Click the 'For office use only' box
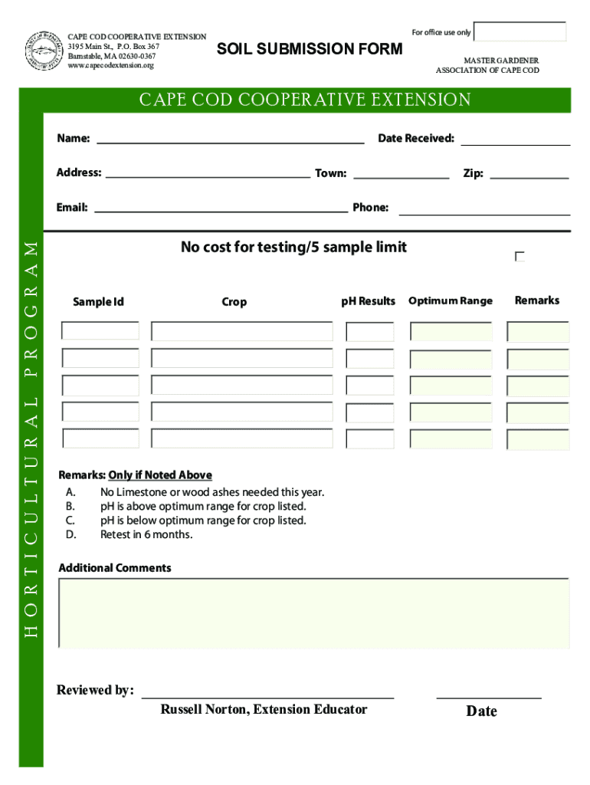521,32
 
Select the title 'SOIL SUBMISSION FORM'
310,50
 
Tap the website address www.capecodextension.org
110,66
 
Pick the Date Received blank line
515,143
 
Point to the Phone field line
484,212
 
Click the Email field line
221,209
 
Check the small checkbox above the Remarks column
520,257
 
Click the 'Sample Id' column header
98,302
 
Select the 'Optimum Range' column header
451,301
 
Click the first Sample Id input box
100,331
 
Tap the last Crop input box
242,438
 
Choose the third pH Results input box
369,385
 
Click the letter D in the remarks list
70,534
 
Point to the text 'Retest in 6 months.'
146,534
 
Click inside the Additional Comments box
314,613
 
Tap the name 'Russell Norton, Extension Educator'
264,710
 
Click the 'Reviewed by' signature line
267,695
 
